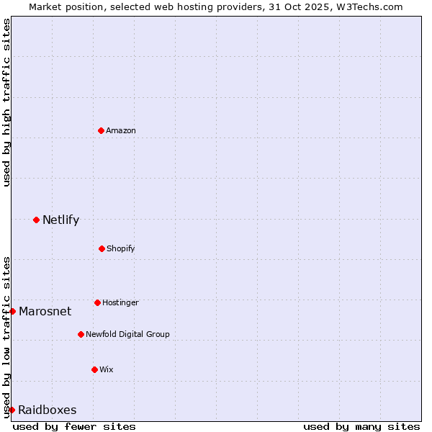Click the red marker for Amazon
101,130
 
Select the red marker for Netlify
36,220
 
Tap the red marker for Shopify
102,248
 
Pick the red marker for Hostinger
97,302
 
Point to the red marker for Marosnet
12,311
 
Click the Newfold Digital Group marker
81,334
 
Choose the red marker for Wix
94,369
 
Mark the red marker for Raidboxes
12,410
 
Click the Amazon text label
121,130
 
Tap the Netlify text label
60,220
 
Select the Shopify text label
121,248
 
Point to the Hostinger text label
120,302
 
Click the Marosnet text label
45,311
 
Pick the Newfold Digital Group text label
127,334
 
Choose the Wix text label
107,369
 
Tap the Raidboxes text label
47,410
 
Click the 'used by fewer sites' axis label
74,426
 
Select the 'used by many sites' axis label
361,426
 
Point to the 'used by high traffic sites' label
6,102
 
